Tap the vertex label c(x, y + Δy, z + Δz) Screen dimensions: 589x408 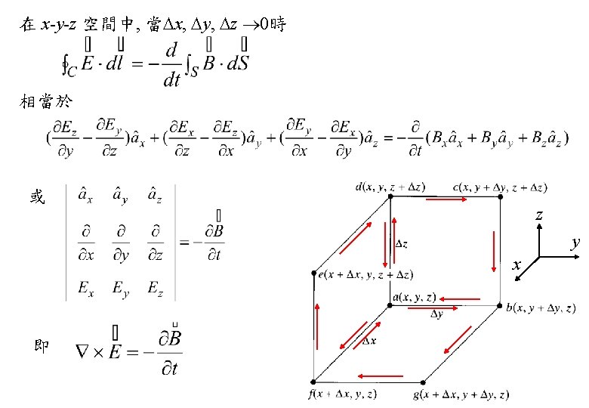pos(500,185)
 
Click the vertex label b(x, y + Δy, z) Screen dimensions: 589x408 pos(541,308)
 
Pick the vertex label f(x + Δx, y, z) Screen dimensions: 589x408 pos(343,394)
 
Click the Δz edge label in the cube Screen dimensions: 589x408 pos(402,244)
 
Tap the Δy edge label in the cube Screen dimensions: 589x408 pos(436,314)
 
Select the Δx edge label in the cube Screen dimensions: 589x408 pos(371,342)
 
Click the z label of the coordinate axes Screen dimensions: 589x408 pos(539,215)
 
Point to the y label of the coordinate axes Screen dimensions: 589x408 pos(575,243)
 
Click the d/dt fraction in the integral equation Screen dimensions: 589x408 pos(171,64)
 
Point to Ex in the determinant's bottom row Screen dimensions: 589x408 pos(87,287)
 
